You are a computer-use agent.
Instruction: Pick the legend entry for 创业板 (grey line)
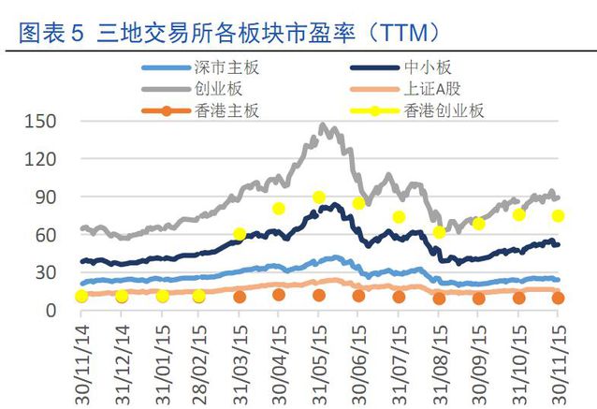click(217, 89)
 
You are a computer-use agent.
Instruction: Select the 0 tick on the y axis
click(53, 311)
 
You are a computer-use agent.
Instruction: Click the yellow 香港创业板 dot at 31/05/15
click(319, 197)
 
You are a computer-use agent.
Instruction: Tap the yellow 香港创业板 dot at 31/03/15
click(240, 234)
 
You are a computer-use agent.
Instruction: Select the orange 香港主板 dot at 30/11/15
click(559, 299)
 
